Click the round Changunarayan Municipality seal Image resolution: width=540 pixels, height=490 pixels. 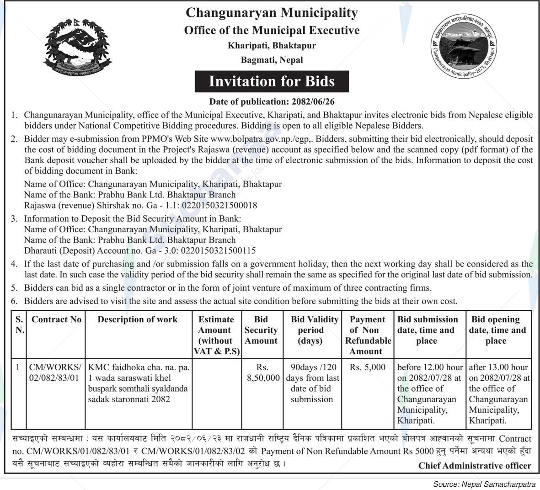click(464, 49)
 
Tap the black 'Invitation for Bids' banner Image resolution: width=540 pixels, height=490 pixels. click(272, 81)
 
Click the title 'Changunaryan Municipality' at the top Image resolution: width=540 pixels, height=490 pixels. click(272, 13)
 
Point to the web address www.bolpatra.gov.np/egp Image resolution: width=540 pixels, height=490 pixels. click(262, 138)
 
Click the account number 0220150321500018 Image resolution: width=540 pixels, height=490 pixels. click(219, 205)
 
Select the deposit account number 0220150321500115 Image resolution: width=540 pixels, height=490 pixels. click(219, 250)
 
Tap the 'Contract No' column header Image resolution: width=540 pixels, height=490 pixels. click(56, 320)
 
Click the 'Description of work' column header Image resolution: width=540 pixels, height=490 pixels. click(137, 320)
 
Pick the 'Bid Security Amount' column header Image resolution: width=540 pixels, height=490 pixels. click(261, 330)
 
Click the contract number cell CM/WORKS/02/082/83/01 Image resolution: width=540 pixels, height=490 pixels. click(55, 373)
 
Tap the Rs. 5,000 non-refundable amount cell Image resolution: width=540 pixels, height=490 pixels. click(368, 367)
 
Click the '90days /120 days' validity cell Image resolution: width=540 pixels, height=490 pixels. click(313, 383)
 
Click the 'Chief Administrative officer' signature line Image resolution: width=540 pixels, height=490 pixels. click(475, 466)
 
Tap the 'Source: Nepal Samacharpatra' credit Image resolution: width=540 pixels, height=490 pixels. click(486, 484)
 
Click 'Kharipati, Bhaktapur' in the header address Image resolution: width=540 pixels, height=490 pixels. click(272, 46)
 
